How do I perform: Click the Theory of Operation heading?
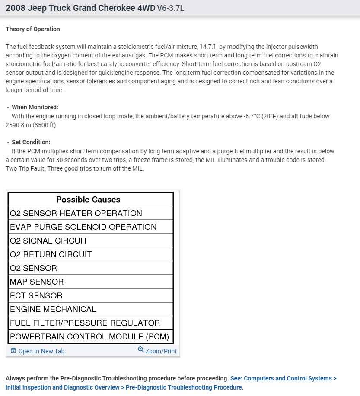point(33,29)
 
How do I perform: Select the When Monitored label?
point(35,107)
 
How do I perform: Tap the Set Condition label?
point(31,142)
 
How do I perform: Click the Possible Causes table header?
point(88,200)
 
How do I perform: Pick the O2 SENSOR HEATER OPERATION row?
point(76,213)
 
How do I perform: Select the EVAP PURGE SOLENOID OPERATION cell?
point(83,227)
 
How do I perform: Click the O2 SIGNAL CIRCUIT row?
point(48,241)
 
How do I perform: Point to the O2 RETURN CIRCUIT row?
point(51,255)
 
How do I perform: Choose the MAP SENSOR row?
point(37,282)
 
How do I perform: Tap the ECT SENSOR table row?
point(36,296)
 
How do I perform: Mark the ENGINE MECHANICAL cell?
point(53,310)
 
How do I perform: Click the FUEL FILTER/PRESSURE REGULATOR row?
point(85,323)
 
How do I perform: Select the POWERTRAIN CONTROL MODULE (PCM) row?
point(89,337)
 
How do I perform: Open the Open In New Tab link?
point(41,351)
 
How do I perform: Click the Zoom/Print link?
point(161,351)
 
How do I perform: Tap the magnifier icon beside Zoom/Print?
point(141,350)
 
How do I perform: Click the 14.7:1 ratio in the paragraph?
point(206,47)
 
